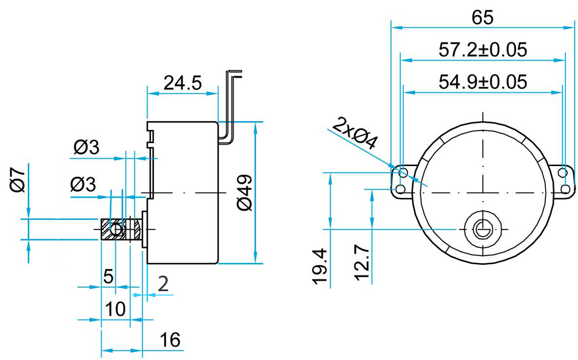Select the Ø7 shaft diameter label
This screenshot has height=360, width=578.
coord(18,180)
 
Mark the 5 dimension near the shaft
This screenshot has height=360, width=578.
coord(108,276)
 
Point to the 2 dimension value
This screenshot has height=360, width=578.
coord(163,284)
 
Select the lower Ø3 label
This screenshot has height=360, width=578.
coord(83,184)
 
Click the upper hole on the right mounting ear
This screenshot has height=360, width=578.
coord(565,172)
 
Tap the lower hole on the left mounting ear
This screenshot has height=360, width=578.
coord(400,188)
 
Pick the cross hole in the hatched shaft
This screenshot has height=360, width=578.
coord(116,230)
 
